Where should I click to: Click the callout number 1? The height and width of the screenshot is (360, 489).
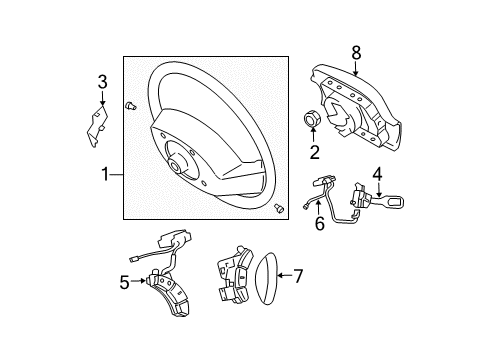[105, 174]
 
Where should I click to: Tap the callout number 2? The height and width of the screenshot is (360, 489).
[314, 152]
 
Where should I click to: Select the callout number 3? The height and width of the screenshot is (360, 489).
[102, 82]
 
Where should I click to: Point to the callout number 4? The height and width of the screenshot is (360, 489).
[377, 174]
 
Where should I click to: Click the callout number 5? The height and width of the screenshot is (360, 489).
[124, 283]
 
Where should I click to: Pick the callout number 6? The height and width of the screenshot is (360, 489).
[320, 223]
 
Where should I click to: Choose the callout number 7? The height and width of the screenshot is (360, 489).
[298, 276]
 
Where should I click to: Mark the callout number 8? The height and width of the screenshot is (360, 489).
[356, 53]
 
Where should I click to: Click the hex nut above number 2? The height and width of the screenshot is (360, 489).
[313, 119]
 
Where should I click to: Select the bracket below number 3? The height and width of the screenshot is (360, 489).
[97, 126]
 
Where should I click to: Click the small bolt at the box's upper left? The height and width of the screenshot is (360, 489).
[130, 106]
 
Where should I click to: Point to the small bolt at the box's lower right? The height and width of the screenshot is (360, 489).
[279, 208]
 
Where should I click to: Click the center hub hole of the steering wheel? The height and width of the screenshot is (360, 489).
[175, 166]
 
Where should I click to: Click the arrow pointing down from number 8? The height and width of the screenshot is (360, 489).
[356, 68]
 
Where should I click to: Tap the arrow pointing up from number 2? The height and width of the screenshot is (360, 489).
[313, 135]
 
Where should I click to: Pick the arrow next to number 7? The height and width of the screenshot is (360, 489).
[285, 275]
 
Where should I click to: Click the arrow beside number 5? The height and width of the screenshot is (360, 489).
[138, 281]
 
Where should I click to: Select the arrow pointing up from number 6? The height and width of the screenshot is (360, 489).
[319, 207]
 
